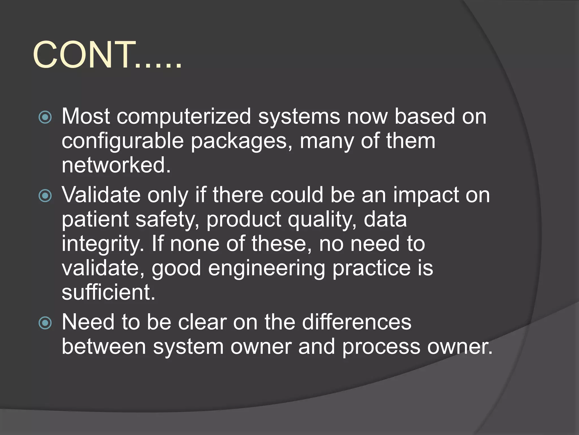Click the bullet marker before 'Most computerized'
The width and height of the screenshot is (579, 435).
coord(45,117)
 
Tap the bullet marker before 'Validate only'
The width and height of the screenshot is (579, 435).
coord(45,195)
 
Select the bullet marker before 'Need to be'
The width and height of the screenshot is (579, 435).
coord(45,323)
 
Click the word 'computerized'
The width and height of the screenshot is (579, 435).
coord(184,117)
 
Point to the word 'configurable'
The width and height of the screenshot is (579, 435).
coord(123,141)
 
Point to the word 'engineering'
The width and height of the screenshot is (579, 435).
coord(267,268)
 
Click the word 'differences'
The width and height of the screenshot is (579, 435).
coord(357,322)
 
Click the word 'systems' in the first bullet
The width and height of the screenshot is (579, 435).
coord(299,117)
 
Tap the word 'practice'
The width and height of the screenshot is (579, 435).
coord(371,268)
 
